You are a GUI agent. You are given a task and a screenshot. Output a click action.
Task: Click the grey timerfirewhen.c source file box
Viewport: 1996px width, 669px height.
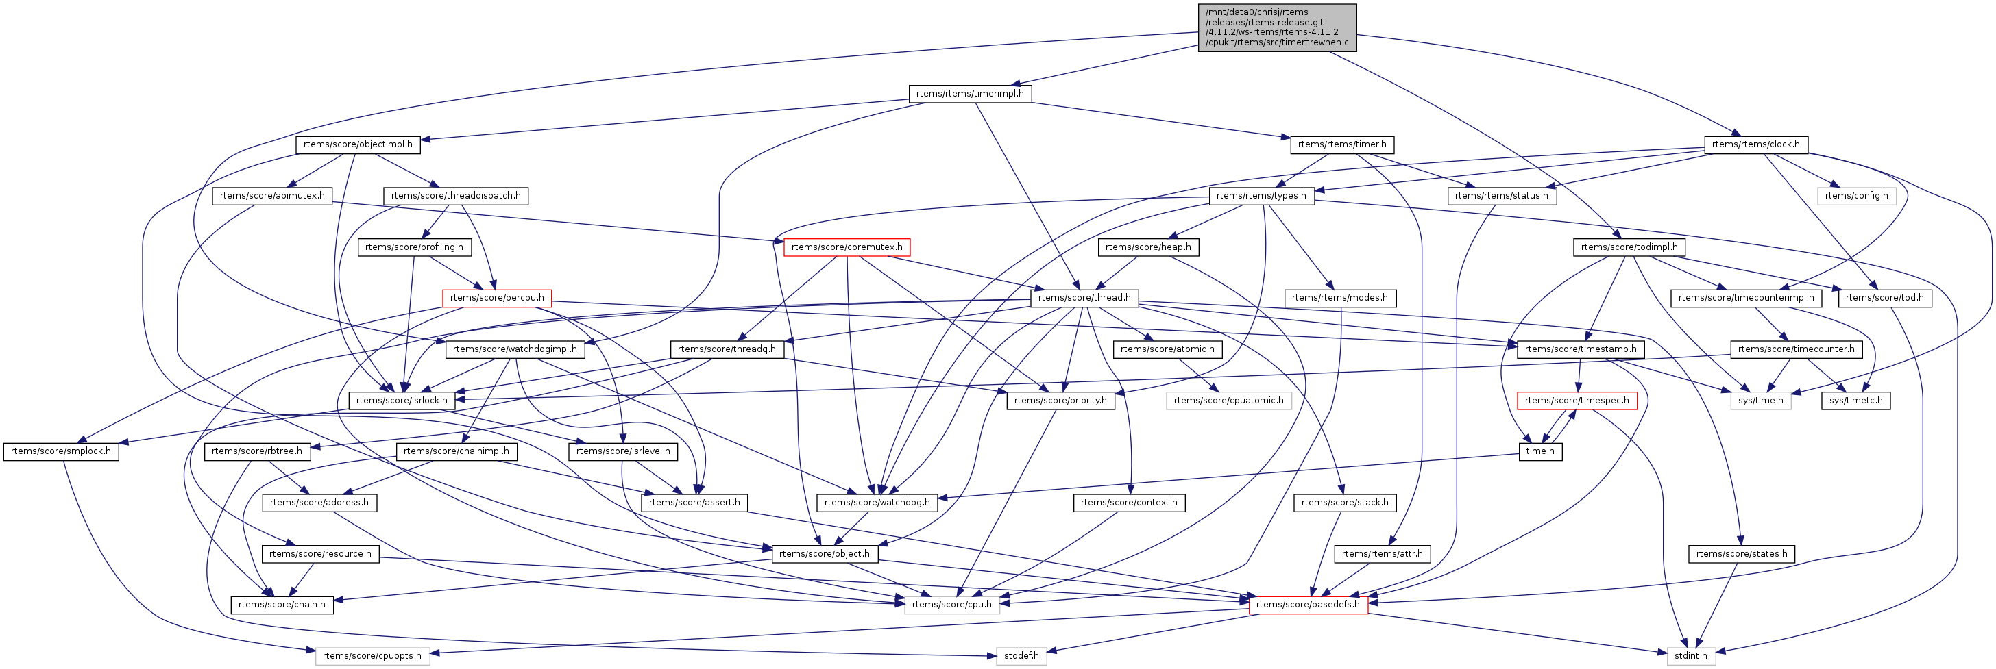tap(1277, 28)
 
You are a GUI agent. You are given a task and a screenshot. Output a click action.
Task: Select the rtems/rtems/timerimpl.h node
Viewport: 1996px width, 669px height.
tap(969, 94)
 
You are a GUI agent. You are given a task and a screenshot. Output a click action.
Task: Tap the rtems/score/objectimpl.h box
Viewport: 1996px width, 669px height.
tap(357, 144)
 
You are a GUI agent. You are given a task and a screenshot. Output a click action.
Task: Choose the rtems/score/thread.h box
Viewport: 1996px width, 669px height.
tap(1084, 298)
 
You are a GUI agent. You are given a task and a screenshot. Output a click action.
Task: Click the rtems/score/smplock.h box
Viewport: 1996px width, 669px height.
tap(60, 451)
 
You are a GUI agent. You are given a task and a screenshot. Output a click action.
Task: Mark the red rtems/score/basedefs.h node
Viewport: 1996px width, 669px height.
tap(1308, 605)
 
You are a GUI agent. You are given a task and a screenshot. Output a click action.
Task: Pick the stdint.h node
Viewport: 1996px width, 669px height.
tap(1691, 656)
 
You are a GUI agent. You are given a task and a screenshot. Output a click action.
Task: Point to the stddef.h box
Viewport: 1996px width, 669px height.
tap(1021, 656)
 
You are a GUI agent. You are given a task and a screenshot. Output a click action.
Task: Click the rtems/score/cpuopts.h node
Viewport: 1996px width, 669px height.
tap(372, 656)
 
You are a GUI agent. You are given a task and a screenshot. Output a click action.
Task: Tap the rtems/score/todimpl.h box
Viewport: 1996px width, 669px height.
tap(1629, 247)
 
